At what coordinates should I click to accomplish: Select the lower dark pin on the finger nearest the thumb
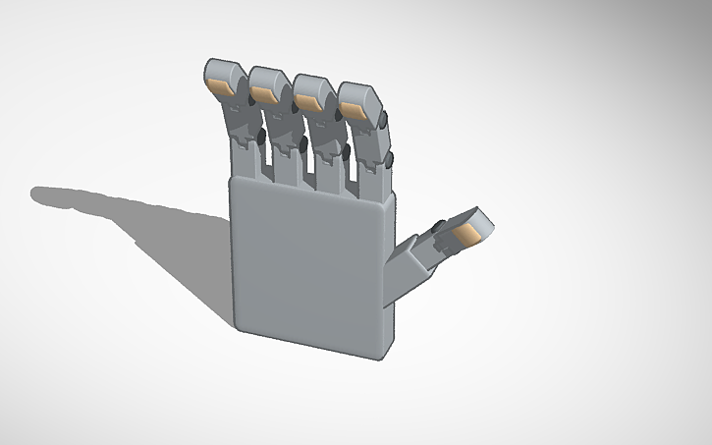390,157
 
